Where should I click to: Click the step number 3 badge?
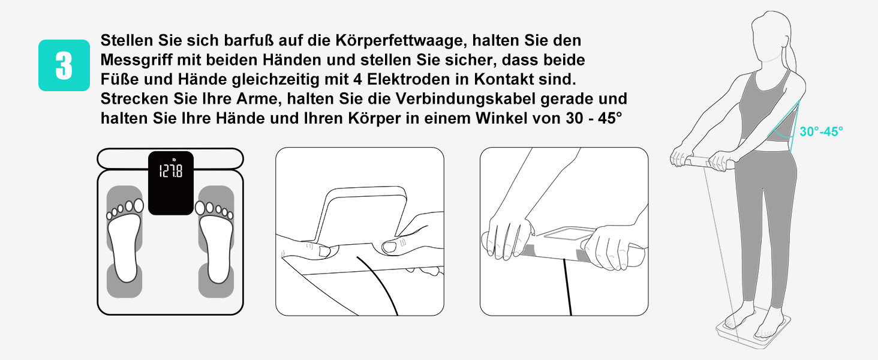coord(64,65)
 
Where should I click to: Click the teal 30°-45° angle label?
coord(821,132)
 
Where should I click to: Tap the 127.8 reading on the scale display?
coord(170,171)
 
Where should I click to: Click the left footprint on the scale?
coord(125,241)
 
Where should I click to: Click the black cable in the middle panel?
coord(381,283)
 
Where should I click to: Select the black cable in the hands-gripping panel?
coord(567,287)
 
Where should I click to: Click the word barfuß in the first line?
coord(248,40)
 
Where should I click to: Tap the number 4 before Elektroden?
coord(357,79)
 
